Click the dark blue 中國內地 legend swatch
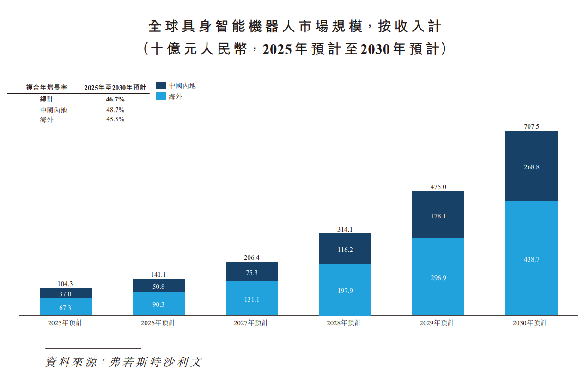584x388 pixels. click(x=161, y=85)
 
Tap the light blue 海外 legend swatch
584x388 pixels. click(x=161, y=96)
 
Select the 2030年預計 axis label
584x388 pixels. click(x=529, y=323)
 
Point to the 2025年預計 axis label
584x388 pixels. click(x=65, y=323)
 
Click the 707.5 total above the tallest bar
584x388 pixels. click(x=531, y=126)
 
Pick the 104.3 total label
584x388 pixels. click(x=66, y=284)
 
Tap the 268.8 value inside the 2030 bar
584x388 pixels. click(x=531, y=167)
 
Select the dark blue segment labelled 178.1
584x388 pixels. click(x=438, y=215)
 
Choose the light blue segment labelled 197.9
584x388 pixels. click(x=345, y=290)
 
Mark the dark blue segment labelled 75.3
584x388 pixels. click(x=252, y=273)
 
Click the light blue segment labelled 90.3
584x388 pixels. click(x=158, y=304)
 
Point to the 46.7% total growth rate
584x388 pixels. click(x=115, y=99)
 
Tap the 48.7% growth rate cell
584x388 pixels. click(x=115, y=110)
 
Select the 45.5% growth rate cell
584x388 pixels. click(x=115, y=119)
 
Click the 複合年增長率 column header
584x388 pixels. click(x=47, y=87)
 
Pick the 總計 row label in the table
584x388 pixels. click(x=47, y=99)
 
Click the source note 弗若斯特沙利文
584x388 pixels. click(x=155, y=362)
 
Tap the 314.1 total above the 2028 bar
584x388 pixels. click(x=345, y=229)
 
